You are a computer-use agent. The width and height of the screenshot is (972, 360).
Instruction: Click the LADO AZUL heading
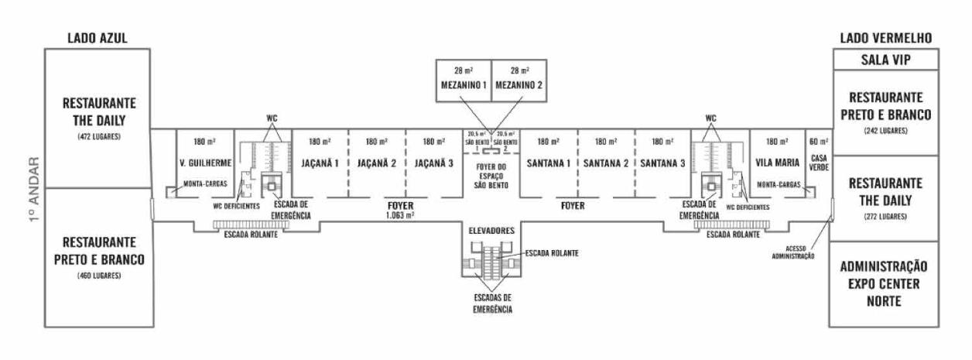click(x=98, y=39)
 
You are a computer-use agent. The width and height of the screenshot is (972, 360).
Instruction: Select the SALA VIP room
click(x=885, y=59)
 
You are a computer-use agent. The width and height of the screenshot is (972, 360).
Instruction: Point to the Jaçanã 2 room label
click(x=376, y=163)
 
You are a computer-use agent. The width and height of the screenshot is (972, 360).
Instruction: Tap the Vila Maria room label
click(x=776, y=163)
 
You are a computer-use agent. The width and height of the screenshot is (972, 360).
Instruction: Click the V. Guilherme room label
click(x=204, y=163)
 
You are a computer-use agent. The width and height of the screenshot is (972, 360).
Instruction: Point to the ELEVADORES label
click(x=491, y=231)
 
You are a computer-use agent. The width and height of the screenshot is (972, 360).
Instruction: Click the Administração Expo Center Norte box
click(x=884, y=284)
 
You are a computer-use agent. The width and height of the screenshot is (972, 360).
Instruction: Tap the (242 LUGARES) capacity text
click(x=884, y=131)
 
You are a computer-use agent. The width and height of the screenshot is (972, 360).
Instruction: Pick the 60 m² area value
click(x=818, y=142)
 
